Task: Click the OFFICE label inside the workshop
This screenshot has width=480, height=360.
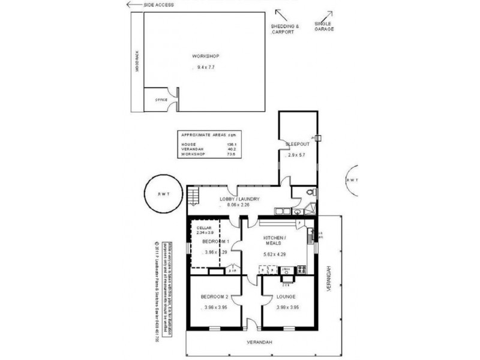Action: point(161,100)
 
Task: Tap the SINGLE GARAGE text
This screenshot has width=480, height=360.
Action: point(324,26)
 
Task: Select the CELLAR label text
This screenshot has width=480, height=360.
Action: point(203,228)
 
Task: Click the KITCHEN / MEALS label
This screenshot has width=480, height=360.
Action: point(275,241)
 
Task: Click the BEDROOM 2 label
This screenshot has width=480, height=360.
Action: point(214,297)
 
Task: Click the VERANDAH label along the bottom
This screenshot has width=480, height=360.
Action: point(259,342)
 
